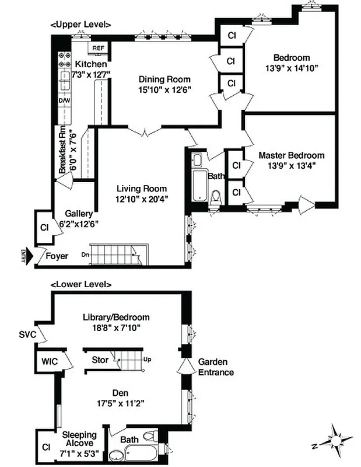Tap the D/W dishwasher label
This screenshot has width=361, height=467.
point(64,100)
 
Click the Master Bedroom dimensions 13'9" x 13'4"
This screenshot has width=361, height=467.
point(291,165)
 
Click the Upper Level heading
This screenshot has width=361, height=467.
point(81,25)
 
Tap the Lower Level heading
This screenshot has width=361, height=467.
point(81,284)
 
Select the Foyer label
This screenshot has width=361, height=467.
point(57,256)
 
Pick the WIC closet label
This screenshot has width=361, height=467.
point(50,361)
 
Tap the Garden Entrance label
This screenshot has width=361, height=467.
point(216,367)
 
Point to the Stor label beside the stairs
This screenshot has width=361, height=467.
point(100,360)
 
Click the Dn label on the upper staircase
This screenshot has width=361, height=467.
point(85,255)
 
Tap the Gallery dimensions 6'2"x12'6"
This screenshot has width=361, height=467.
point(79,223)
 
